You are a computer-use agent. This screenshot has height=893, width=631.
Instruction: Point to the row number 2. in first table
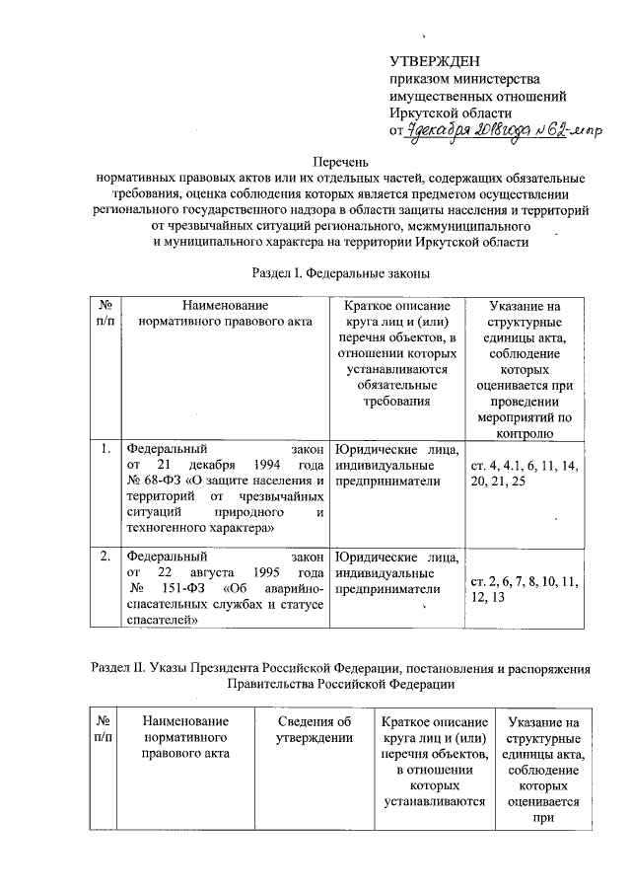104,556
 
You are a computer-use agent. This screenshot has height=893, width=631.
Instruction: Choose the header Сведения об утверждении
315,731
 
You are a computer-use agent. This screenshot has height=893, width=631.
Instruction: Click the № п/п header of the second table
104,731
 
